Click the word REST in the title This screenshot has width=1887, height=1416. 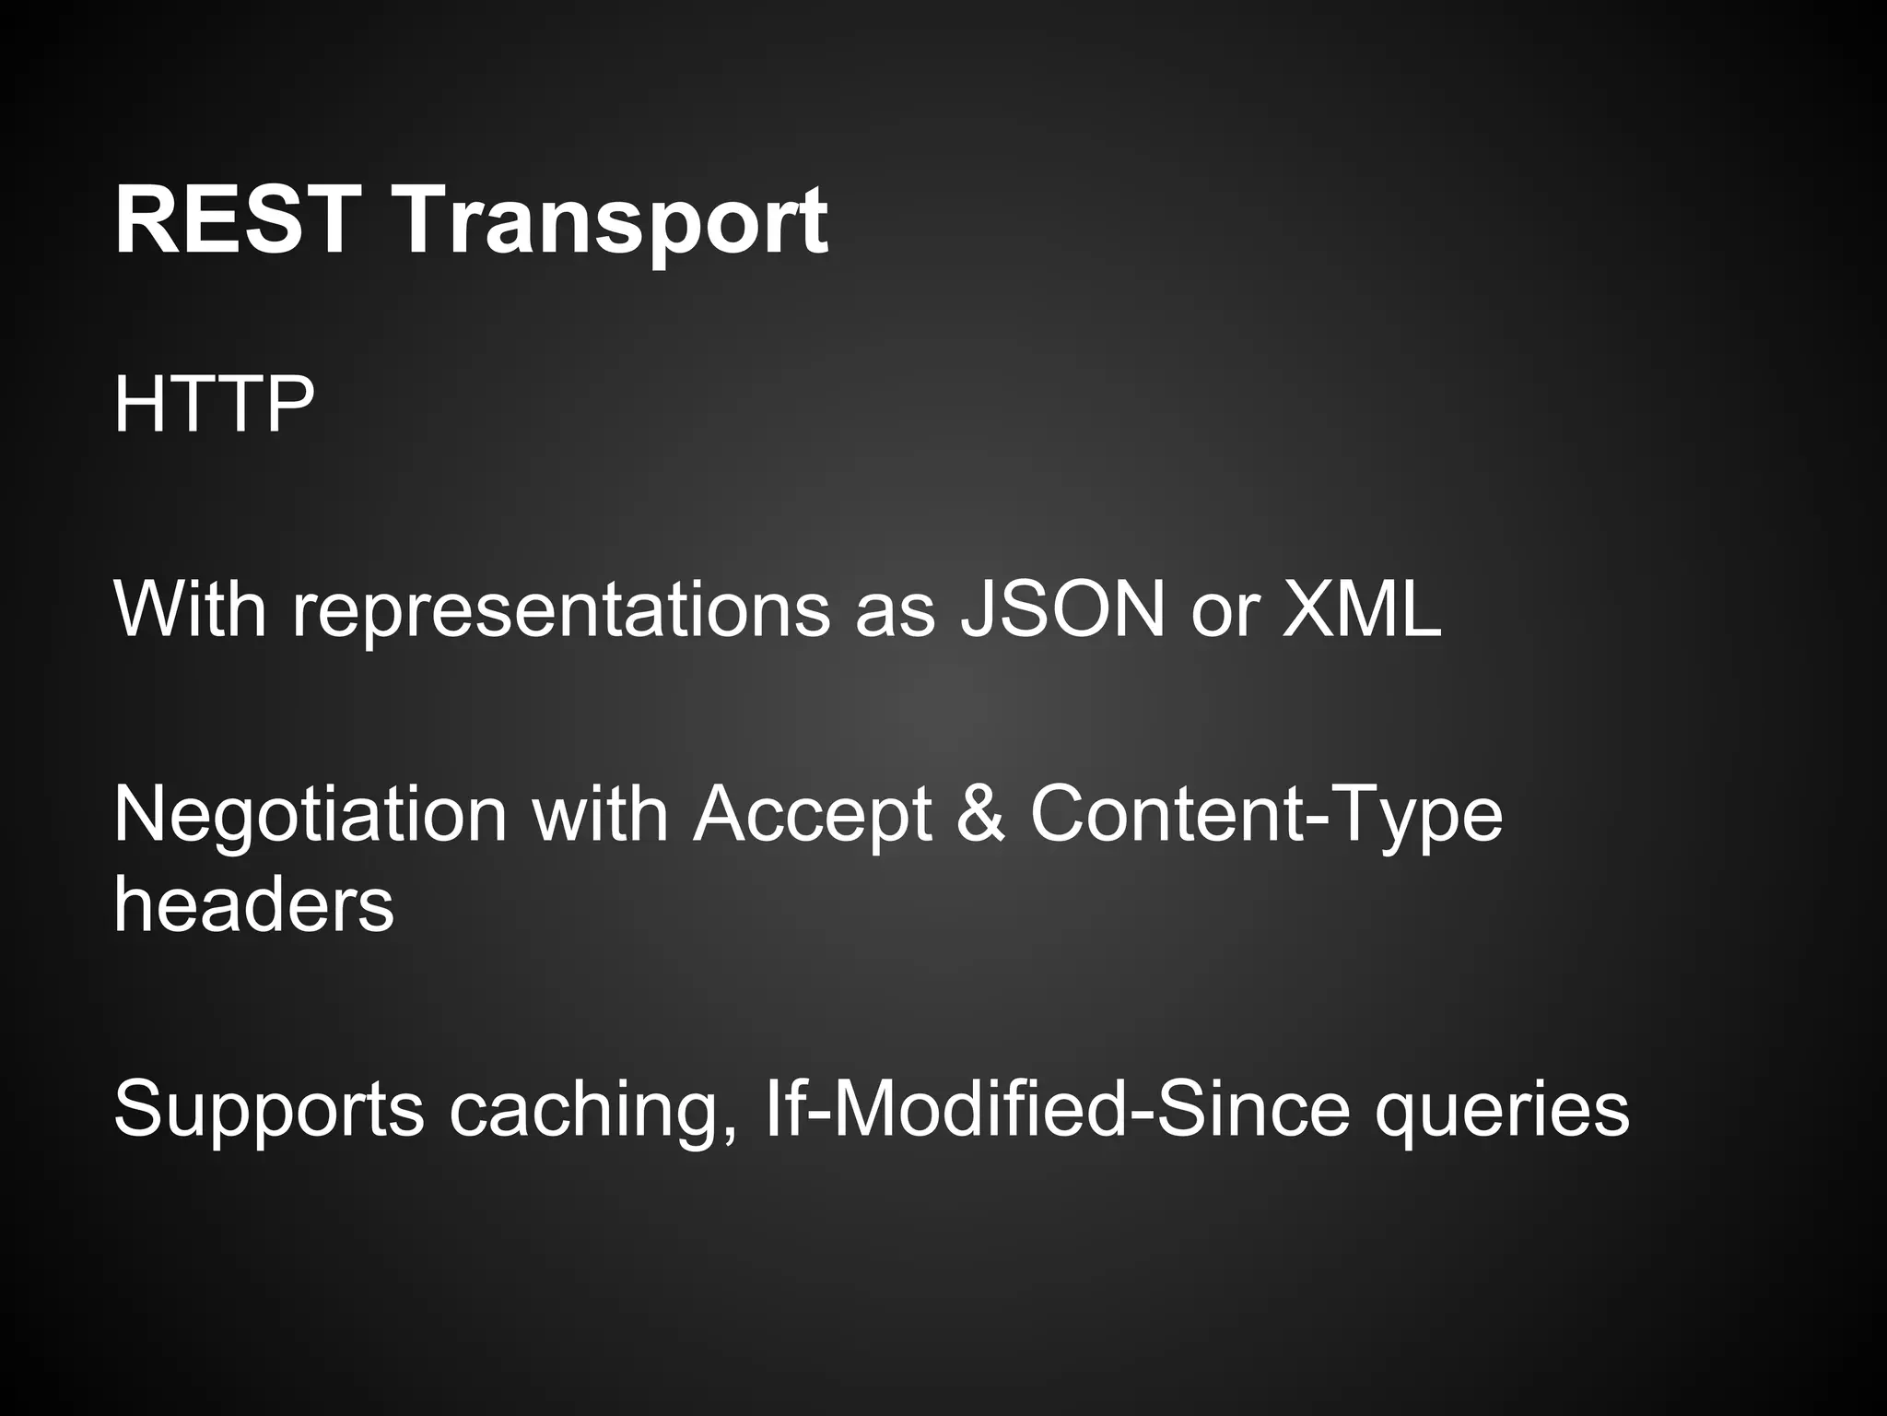tap(236, 221)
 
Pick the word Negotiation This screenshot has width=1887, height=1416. tap(310, 815)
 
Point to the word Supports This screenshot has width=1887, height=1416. tap(268, 1112)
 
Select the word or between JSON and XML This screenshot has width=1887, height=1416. tap(1224, 612)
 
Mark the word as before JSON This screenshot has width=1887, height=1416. tap(895, 612)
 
